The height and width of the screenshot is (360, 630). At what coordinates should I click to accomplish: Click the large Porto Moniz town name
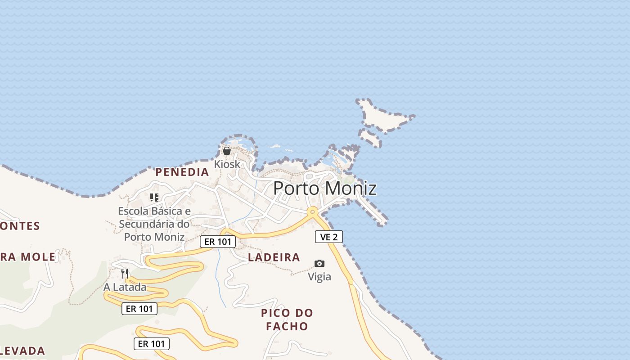click(324, 188)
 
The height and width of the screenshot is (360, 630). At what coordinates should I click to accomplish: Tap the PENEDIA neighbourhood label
click(182, 172)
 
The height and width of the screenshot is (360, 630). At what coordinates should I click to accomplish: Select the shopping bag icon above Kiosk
click(227, 151)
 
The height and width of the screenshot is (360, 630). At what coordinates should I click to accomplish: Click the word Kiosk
click(227, 164)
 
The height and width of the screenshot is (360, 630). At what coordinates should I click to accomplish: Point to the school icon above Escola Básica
click(154, 197)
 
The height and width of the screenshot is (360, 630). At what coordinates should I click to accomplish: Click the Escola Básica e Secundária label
click(154, 224)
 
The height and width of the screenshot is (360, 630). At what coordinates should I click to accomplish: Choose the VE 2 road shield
click(329, 237)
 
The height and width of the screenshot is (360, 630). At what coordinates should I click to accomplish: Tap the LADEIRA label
click(274, 257)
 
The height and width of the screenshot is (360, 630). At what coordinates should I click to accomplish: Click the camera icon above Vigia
click(319, 263)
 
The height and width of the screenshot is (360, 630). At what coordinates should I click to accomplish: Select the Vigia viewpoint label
click(319, 277)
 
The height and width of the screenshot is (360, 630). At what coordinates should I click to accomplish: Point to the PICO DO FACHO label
click(287, 319)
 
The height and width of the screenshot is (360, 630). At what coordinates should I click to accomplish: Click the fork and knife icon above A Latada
click(125, 273)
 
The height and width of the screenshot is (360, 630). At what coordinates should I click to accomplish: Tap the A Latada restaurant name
click(125, 287)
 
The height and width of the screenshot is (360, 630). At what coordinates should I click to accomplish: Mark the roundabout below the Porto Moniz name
click(312, 211)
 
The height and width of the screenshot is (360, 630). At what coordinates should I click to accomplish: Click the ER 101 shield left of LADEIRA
click(218, 242)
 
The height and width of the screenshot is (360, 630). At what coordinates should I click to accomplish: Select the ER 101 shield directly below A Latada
click(139, 309)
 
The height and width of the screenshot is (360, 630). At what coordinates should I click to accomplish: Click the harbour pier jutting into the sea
click(372, 211)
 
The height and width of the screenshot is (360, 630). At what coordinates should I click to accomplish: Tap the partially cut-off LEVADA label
click(22, 351)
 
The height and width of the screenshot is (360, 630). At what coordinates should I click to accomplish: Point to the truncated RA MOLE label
click(28, 257)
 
